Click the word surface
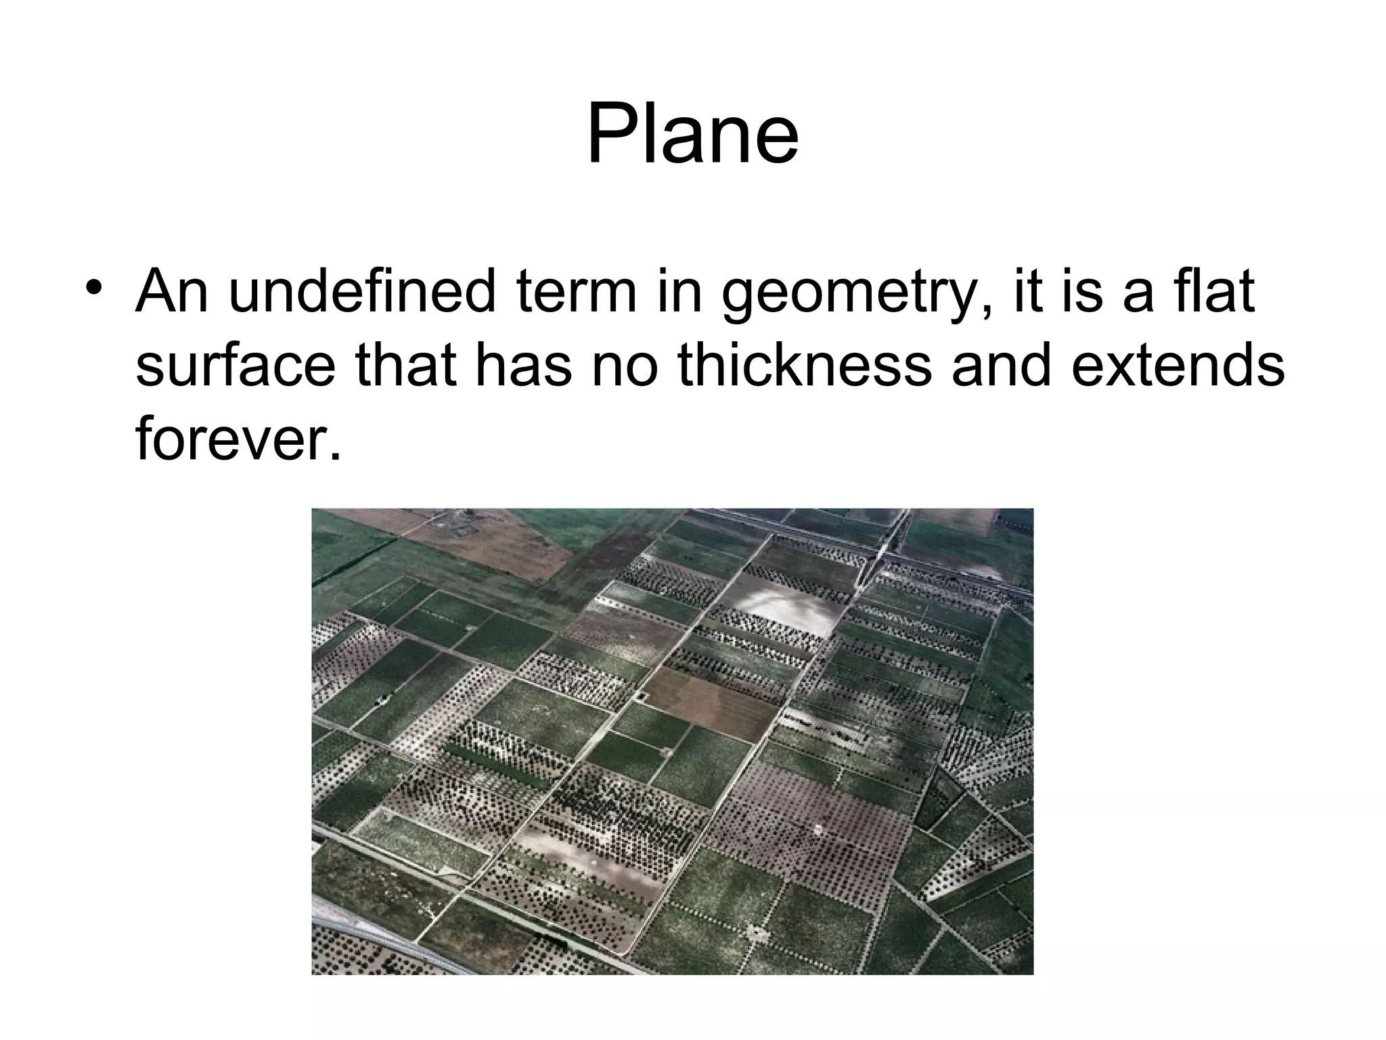[235, 366]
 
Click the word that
[403, 365]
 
